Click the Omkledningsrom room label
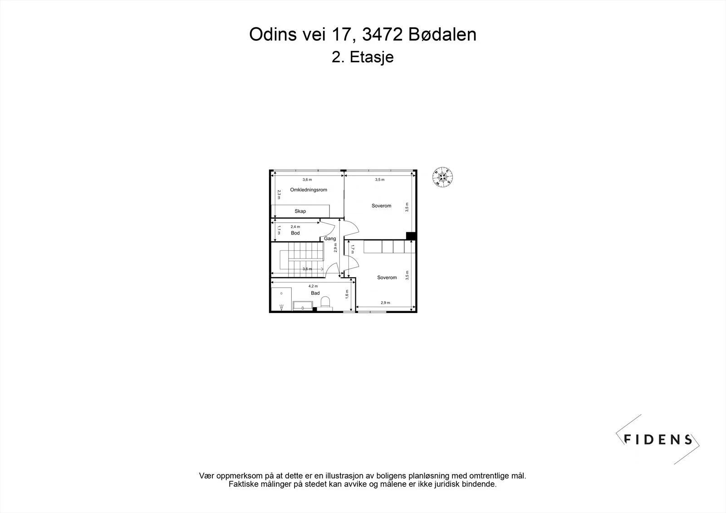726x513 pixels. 308,190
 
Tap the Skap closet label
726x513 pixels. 300,211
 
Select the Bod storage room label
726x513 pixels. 295,233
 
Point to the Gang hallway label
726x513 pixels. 330,239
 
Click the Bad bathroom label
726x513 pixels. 315,293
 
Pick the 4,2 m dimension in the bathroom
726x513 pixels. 313,286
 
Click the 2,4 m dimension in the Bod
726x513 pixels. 295,227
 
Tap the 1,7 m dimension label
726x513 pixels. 352,249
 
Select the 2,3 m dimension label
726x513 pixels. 279,195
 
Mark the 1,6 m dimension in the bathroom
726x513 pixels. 347,294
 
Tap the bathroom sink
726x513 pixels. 303,306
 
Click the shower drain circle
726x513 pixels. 281,293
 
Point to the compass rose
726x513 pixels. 442,177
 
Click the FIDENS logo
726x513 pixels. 657,439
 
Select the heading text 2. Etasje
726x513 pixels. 363,57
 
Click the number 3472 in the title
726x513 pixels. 383,34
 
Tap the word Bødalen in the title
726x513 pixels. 442,34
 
